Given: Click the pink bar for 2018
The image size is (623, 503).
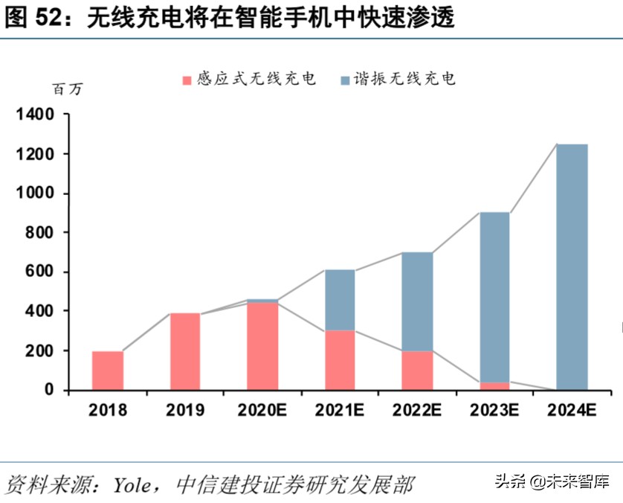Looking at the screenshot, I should point(108,370).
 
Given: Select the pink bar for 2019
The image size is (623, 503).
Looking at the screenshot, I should point(185,350).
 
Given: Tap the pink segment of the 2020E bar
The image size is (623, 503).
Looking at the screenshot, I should point(262,345).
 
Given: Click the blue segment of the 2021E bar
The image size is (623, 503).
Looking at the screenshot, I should point(340,300).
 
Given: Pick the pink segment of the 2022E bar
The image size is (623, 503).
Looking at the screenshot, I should point(417,370).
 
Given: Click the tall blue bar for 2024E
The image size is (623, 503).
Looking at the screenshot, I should point(572,266).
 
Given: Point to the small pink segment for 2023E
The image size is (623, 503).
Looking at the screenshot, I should point(494,385).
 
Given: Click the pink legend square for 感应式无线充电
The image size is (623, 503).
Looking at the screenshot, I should point(187,79).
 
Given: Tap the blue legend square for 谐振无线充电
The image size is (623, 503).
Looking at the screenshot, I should point(345,79).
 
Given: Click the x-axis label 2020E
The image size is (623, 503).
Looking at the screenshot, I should point(262,409).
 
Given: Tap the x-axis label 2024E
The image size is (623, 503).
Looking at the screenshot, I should point(572,409).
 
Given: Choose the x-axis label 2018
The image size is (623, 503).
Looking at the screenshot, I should point(108,409).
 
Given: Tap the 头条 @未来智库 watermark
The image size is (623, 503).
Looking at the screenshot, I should point(551,481).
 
